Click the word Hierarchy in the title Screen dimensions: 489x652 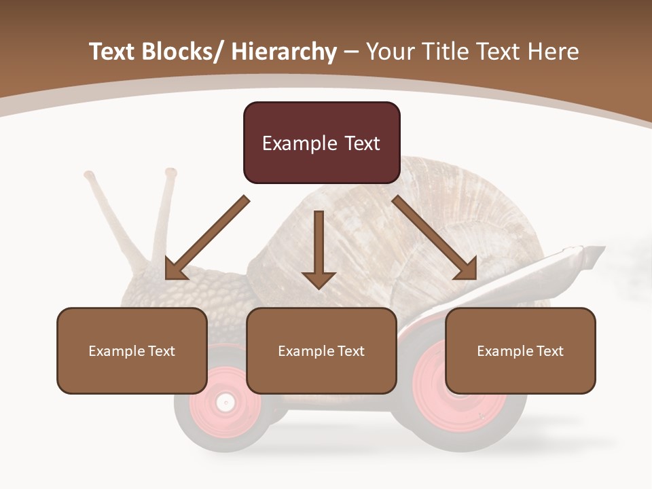pos(284,52)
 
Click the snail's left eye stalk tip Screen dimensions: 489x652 pos(89,175)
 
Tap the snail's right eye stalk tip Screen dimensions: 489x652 pos(170,173)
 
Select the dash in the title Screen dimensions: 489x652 pos(351,52)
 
